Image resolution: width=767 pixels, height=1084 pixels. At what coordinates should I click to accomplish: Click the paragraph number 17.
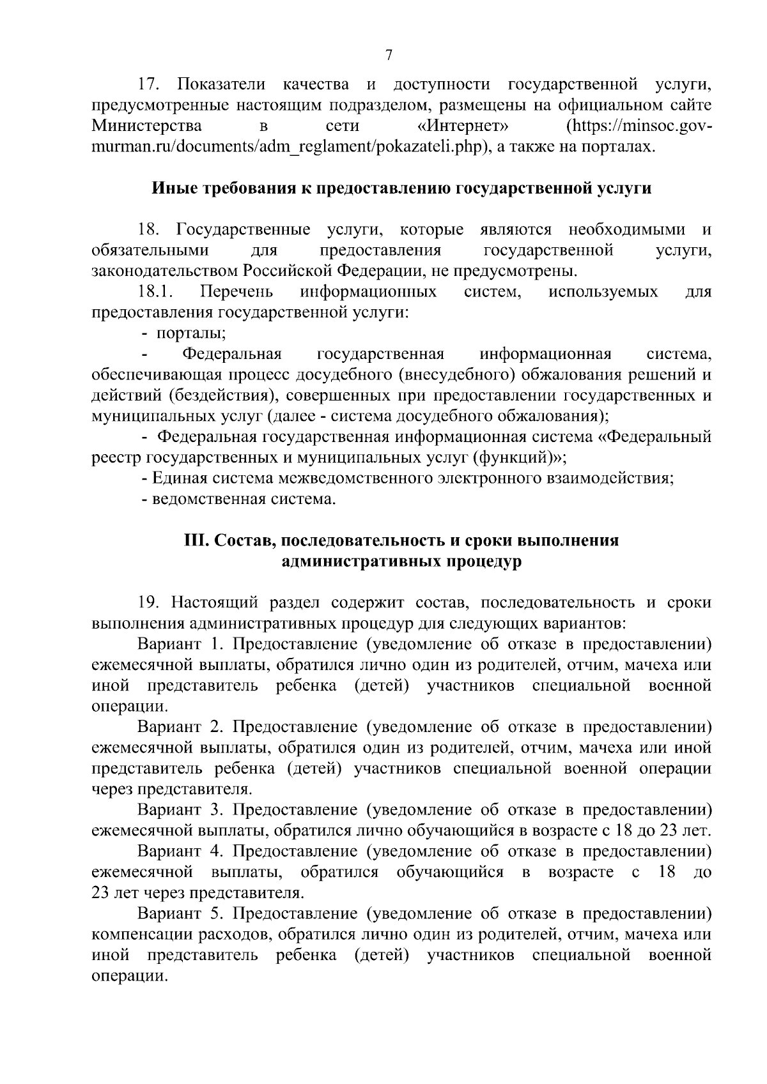click(x=152, y=85)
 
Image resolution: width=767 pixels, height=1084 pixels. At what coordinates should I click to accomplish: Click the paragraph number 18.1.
click(x=156, y=293)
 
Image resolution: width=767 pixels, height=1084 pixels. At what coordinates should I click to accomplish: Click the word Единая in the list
click(x=177, y=478)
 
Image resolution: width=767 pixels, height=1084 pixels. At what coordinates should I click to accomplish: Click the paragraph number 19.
click(x=151, y=602)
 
